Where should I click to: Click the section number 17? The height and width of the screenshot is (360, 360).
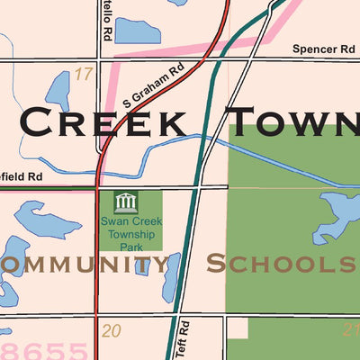83,73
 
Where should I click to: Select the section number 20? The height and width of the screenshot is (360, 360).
111,331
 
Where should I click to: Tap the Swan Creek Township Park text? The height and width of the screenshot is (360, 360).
130,229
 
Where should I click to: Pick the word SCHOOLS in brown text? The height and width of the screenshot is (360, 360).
280,264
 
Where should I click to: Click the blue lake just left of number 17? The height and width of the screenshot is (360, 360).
58,91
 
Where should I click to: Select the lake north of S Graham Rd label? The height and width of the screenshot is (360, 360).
137,31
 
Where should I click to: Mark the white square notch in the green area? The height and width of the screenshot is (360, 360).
237,329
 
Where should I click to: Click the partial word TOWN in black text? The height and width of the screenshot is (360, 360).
293,122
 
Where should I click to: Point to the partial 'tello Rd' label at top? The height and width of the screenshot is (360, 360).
106,13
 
